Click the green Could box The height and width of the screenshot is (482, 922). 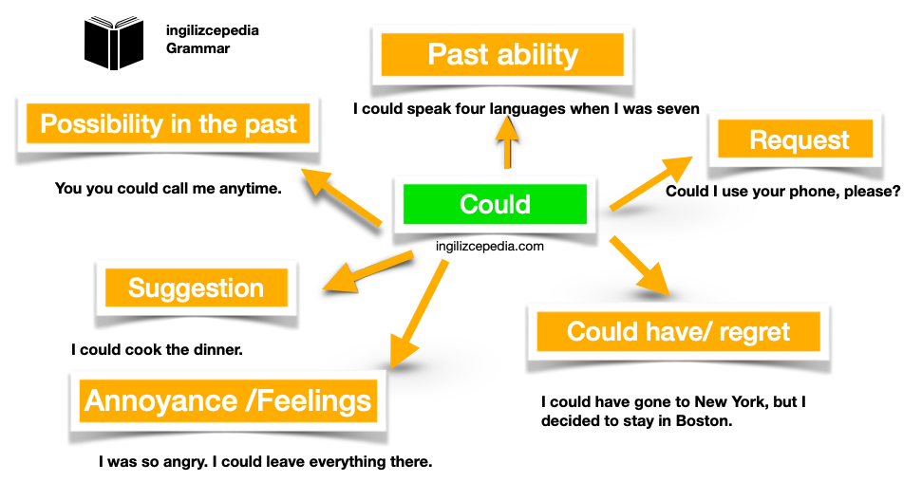point(495,204)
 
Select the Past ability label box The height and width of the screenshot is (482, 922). point(502,54)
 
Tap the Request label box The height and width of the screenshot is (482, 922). point(799,140)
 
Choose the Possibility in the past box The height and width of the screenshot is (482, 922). point(168,123)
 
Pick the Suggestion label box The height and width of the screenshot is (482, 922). point(196,287)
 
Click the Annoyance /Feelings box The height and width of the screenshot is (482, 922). point(229,399)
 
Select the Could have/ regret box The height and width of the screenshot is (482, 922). point(678,331)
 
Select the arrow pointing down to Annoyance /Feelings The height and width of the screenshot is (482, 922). point(417,318)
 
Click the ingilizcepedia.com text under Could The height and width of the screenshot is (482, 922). point(489,246)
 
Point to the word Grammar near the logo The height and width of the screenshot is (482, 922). point(198,48)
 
